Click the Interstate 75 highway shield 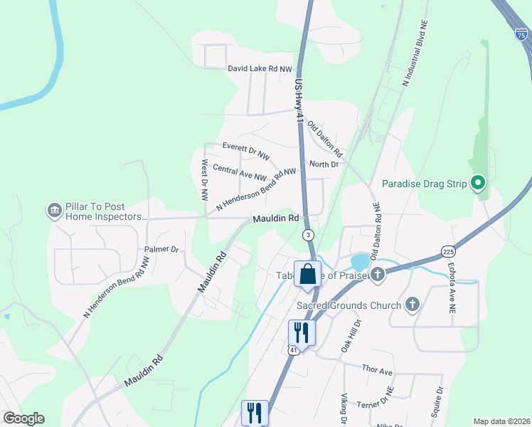pos(521,33)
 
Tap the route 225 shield pos(447,251)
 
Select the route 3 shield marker pos(307,234)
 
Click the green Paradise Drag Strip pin pos(478,184)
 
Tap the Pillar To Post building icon pos(54,211)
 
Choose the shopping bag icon pos(307,274)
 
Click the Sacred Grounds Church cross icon pos(411,305)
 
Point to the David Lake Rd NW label pos(260,69)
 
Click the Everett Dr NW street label pos(246,150)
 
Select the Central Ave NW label pos(239,173)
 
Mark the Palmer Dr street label pos(161,250)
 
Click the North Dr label pos(324,164)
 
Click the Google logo pos(23,418)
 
